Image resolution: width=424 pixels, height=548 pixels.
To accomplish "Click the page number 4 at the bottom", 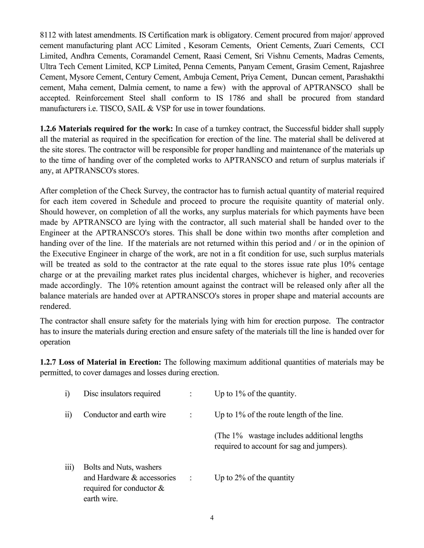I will [x=212, y=518].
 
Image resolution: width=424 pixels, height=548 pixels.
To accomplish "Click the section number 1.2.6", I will [x=48, y=129].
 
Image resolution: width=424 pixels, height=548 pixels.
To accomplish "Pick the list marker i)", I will [x=67, y=394].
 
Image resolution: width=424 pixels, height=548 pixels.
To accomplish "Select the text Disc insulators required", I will [x=122, y=394].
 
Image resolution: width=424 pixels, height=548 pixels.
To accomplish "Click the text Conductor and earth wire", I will [x=125, y=414].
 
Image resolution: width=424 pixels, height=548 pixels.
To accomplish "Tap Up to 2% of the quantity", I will [x=254, y=477].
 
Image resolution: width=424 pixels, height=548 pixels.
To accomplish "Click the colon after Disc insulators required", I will [x=191, y=394].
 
